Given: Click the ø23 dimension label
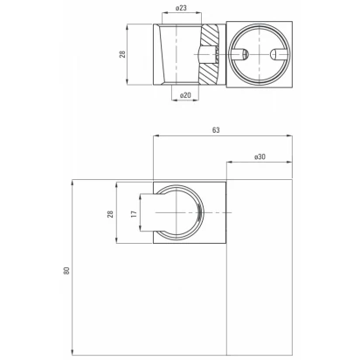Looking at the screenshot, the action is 181,8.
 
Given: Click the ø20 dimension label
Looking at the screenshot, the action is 185,95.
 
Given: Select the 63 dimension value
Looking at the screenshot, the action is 216,130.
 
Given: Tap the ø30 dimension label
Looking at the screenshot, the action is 260,156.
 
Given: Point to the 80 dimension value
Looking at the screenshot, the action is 66,271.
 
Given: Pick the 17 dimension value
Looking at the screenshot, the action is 134,214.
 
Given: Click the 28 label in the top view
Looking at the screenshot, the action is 122,54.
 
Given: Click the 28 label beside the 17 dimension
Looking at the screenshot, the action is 110,214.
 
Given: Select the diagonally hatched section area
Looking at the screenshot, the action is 210,55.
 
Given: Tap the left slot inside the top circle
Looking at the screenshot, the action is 240,54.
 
